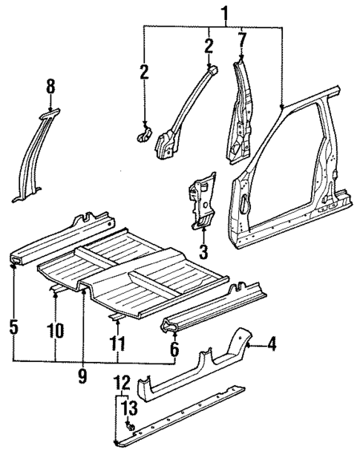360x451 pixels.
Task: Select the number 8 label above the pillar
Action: pos(50,88)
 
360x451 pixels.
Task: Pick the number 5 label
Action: pos(13,326)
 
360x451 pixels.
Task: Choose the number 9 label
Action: pos(82,376)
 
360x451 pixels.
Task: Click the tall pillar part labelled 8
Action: pos(33,159)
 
